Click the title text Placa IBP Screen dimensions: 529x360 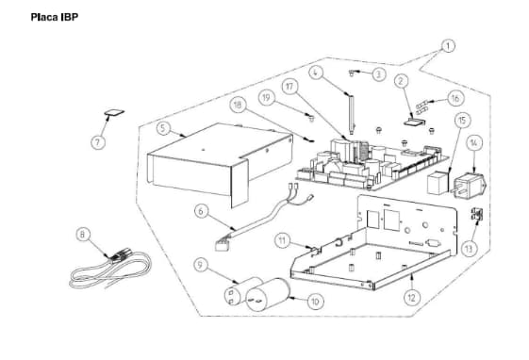point(55,17)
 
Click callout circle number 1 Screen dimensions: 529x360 point(448,45)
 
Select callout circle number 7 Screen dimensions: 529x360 point(98,142)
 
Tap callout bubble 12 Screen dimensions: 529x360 point(411,297)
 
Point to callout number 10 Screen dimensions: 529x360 point(315,302)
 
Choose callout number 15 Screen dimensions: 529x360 point(462,121)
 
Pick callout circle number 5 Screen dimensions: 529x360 point(163,128)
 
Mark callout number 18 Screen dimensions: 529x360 point(238,105)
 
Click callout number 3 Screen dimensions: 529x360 point(378,74)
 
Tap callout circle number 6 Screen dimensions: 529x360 point(202,211)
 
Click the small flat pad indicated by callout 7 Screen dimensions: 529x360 point(114,112)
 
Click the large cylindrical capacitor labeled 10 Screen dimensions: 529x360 point(267,295)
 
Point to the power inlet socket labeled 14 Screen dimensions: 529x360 point(470,186)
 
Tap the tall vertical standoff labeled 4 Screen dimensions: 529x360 point(351,114)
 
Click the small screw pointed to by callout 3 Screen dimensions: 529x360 point(352,73)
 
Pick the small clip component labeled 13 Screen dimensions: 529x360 point(477,214)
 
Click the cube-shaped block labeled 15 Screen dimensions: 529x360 point(438,183)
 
